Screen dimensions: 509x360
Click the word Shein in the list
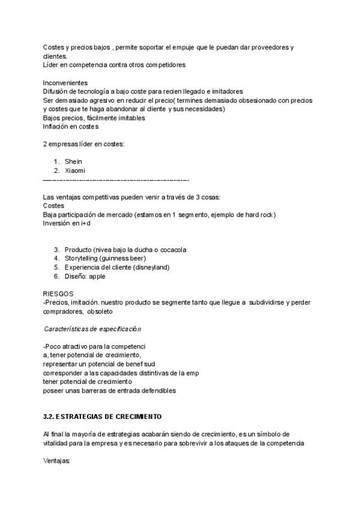[73, 161]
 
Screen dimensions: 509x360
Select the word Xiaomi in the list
[75, 170]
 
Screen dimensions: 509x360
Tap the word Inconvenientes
[65, 82]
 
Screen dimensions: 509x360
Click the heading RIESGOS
[58, 294]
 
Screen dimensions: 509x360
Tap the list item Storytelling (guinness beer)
[106, 258]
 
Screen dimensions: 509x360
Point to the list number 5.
[56, 267]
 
